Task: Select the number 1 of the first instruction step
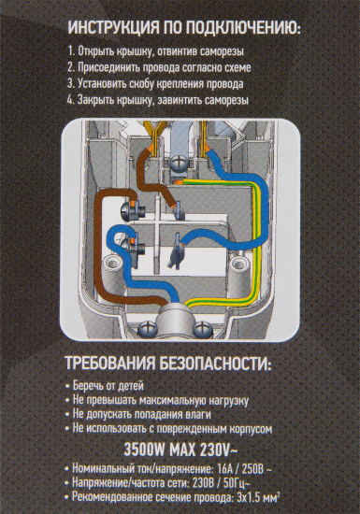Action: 72,54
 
